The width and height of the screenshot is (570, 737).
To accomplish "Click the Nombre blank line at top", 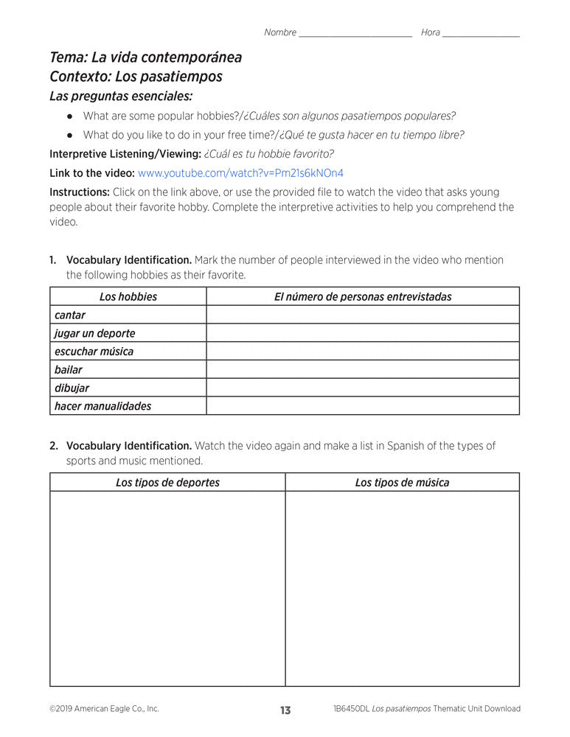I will click(355, 34).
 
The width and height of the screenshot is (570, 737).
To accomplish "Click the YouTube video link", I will click(240, 173).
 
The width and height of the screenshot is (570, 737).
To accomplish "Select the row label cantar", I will click(70, 315).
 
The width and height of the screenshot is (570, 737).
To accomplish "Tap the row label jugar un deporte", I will click(94, 333).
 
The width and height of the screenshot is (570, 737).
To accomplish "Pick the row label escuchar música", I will click(94, 352).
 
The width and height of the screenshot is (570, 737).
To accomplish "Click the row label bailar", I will click(69, 369).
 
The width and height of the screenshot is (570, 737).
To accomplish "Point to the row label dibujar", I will click(72, 388).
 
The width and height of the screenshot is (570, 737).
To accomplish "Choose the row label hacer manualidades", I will click(102, 406).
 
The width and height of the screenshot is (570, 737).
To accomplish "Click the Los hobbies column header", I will click(128, 297).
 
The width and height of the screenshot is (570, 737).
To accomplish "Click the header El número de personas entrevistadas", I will click(363, 297).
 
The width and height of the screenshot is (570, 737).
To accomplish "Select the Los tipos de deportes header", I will click(167, 483).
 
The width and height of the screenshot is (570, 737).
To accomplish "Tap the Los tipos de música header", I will click(402, 483).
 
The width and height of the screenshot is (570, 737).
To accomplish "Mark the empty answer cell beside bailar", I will click(363, 369).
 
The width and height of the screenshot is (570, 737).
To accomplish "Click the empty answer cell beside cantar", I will click(363, 315).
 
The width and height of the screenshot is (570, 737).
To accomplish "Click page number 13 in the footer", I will click(285, 710).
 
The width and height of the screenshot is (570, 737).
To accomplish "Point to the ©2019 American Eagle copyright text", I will click(104, 709).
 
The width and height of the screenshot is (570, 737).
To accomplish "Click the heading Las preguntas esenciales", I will click(121, 96).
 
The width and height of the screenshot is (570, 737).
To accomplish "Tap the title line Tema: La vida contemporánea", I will click(145, 57).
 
